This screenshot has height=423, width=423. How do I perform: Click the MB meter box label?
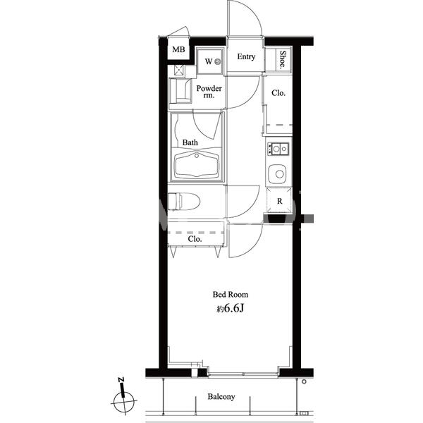[x=178, y=49]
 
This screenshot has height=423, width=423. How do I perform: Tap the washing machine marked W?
[x=210, y=61]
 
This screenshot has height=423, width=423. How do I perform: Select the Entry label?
[x=246, y=56]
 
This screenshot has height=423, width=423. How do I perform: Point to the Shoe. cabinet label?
[x=283, y=60]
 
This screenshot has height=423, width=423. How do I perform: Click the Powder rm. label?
[x=209, y=92]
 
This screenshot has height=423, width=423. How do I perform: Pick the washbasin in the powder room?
[x=180, y=90]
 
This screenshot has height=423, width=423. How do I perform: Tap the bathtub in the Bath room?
[x=197, y=164]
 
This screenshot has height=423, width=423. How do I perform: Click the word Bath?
[x=190, y=142]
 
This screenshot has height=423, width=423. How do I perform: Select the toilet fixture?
[x=184, y=201]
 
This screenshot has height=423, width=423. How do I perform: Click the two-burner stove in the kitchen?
[x=278, y=149]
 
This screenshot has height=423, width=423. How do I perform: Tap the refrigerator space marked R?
[x=279, y=201]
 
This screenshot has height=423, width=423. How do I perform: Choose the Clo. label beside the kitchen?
[x=278, y=93]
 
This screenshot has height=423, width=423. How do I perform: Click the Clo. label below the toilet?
[x=195, y=239]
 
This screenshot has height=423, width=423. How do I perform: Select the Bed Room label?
[x=231, y=294]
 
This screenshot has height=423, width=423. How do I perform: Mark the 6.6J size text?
[x=233, y=308]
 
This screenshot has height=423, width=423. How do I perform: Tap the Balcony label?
[x=221, y=396]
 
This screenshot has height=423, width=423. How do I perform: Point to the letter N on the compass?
[x=121, y=380]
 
